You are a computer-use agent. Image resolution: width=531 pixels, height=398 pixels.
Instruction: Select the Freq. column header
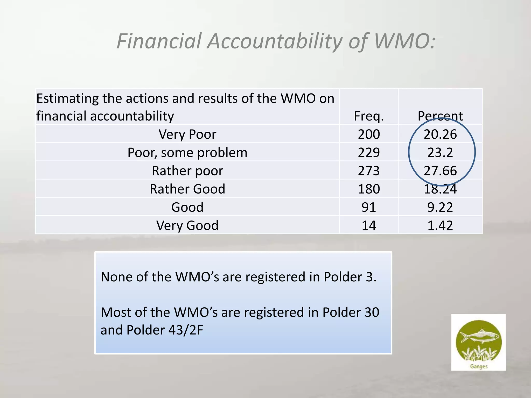369,116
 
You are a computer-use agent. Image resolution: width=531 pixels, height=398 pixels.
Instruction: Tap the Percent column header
440,116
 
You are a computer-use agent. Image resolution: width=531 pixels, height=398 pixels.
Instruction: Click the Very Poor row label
187,134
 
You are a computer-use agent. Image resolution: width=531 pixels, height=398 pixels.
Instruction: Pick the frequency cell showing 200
369,134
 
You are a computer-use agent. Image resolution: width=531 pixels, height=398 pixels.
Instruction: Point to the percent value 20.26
440,134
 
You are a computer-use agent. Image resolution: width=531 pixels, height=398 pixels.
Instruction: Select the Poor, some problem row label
187,152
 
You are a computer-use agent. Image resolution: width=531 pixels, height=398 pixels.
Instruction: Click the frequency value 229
369,152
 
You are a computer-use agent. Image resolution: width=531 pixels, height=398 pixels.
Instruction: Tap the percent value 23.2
440,152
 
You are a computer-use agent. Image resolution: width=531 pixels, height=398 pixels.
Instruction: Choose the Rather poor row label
187,171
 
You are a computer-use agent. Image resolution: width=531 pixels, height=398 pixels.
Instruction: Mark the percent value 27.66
440,171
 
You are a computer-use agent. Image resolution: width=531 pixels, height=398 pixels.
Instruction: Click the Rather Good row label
187,189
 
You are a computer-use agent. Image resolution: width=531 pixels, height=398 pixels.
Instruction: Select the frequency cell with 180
369,189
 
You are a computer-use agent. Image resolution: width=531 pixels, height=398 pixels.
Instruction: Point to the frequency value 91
369,207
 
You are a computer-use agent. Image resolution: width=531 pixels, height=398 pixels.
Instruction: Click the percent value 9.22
440,207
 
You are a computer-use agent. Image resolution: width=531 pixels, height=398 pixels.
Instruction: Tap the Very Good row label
187,225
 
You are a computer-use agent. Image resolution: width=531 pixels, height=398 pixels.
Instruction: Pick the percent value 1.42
440,225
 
